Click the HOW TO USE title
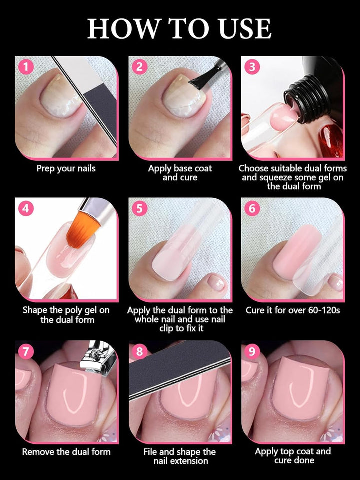click(180, 28)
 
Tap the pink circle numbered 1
click(26, 67)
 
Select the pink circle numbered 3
click(251, 67)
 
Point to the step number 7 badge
click(26, 351)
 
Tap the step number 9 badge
click(251, 351)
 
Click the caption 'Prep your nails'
click(66, 169)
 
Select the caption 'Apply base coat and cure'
click(180, 173)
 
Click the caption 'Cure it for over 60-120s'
click(293, 310)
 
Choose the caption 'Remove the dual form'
click(66, 452)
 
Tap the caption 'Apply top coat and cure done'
click(293, 456)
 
